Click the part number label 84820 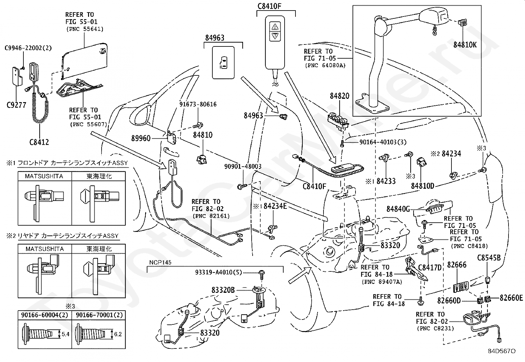click(340, 96)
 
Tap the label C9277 click(16, 105)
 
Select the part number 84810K click(465, 45)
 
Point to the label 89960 click(141, 138)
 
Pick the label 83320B click(223, 290)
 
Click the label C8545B click(489, 258)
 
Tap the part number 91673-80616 click(198, 104)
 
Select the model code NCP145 click(160, 263)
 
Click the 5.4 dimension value click(65, 334)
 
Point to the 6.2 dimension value click(118, 334)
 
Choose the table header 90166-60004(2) click(45, 315)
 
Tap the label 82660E click(511, 298)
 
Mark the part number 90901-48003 click(243, 166)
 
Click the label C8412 click(39, 142)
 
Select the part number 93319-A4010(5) click(218, 272)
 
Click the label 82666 click(457, 265)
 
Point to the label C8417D click(430, 267)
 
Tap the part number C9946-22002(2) click(28, 48)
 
